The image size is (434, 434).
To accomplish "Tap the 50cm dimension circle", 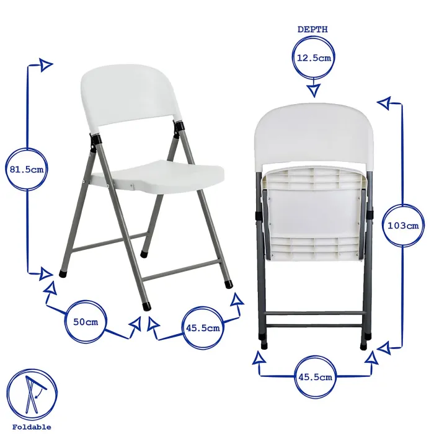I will click(86, 322).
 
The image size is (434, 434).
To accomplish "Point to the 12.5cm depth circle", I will click(313, 58).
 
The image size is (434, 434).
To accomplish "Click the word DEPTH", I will click(313, 29).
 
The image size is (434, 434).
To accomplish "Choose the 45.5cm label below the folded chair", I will click(315, 376).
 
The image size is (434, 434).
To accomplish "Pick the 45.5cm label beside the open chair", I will click(203, 329).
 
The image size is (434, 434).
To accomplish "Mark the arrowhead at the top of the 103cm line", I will click(386, 102).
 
